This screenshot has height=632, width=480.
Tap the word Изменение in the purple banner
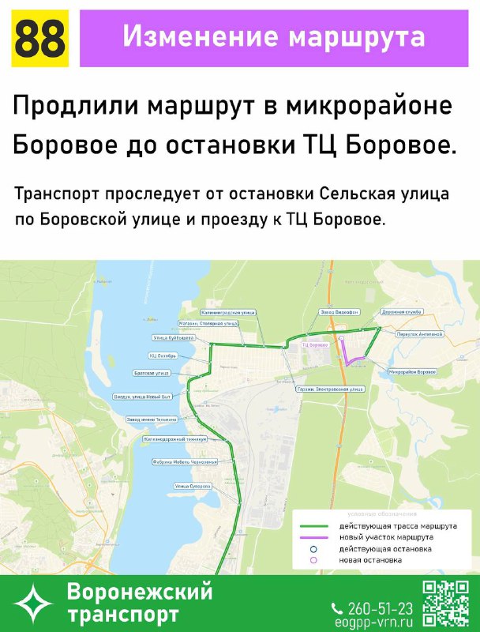tap(193, 36)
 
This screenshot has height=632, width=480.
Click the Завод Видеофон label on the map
tap(336, 313)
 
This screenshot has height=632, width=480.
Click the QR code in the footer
tap(445, 604)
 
